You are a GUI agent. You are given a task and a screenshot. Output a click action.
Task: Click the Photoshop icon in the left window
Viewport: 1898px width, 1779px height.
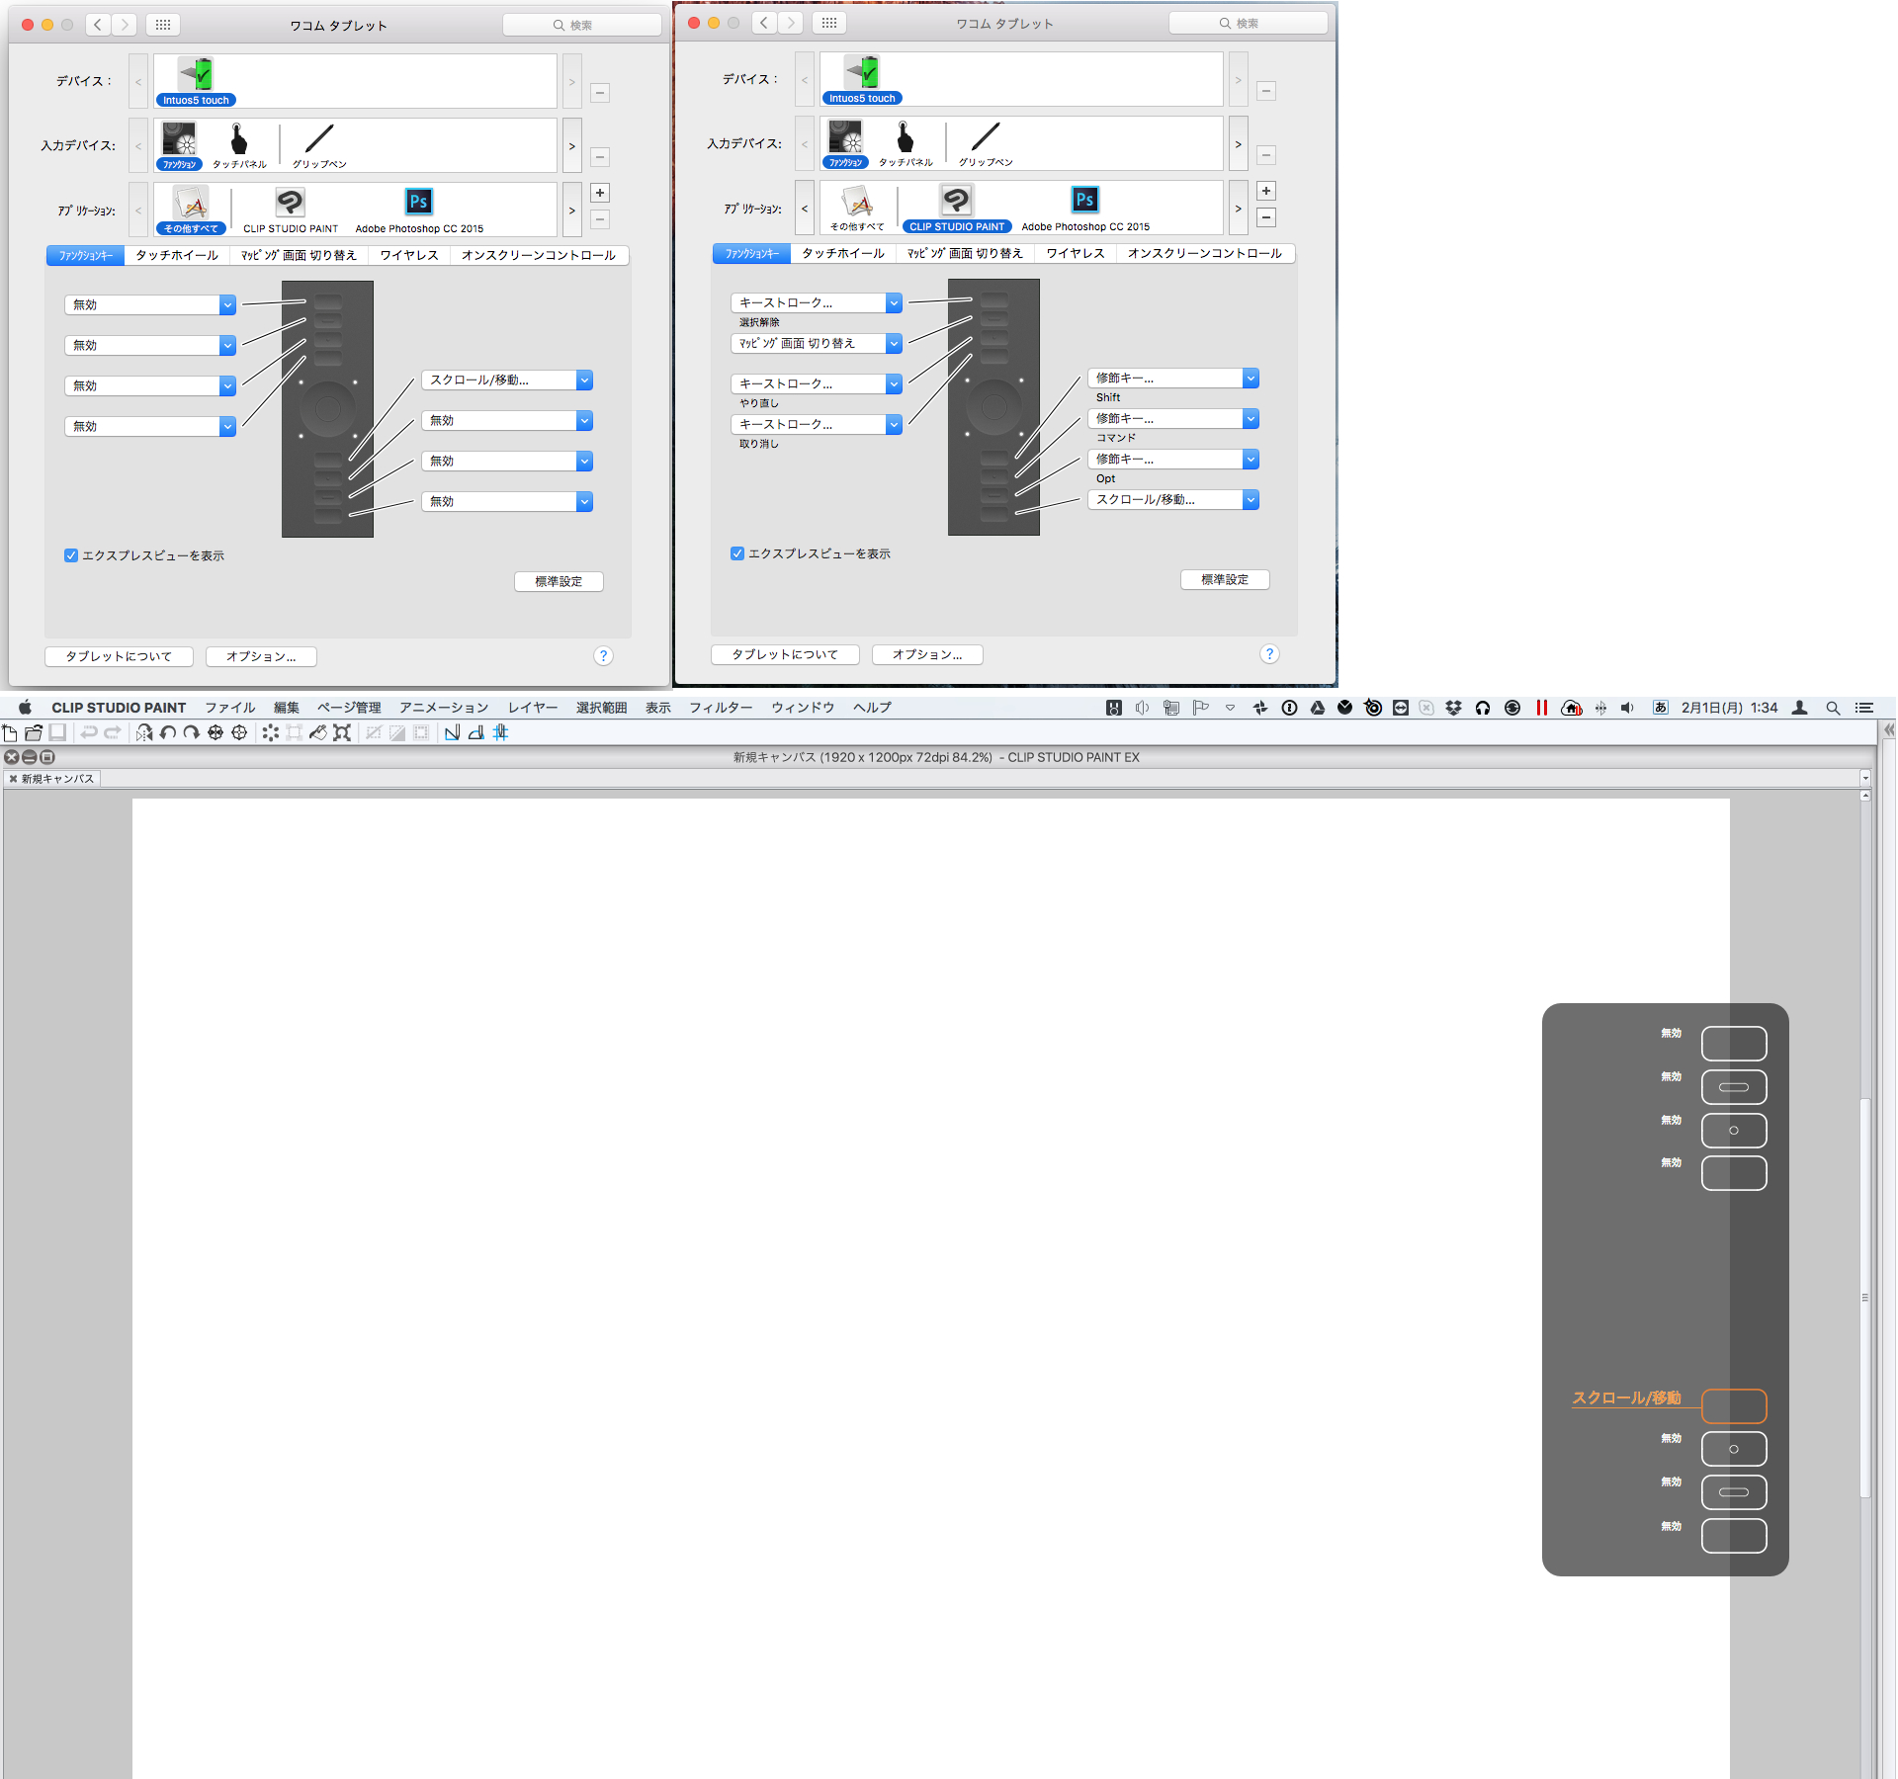tap(418, 202)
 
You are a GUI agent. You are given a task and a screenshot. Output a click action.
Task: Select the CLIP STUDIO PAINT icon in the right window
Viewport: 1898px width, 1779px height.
tap(956, 201)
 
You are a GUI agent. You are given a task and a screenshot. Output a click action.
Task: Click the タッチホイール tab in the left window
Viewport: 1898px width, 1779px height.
tap(177, 255)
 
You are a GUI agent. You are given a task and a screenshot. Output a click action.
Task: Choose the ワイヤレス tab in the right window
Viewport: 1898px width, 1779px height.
tap(1076, 253)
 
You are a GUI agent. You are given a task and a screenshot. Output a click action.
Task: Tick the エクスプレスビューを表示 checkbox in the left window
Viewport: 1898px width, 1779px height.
tap(71, 555)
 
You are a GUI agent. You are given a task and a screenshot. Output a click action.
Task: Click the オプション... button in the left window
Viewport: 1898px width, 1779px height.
tap(261, 656)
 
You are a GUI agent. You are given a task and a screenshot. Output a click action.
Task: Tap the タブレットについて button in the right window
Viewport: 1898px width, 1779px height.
tap(785, 654)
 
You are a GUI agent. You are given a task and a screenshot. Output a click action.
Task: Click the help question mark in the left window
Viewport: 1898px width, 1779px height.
tap(603, 656)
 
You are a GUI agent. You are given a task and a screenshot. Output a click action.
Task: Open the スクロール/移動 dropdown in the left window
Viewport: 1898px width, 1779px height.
tap(507, 381)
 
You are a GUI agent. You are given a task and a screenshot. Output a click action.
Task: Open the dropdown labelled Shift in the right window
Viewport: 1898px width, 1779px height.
tap(1173, 379)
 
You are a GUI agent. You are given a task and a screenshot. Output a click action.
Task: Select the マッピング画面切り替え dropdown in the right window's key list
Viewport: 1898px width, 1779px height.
tap(817, 343)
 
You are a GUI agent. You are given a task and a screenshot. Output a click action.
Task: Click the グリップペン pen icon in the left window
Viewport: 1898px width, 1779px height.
tap(319, 138)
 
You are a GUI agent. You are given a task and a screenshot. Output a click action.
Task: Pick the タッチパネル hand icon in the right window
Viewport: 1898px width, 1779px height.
tap(905, 136)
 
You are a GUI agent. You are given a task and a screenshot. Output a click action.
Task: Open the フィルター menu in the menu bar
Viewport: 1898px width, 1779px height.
tap(721, 708)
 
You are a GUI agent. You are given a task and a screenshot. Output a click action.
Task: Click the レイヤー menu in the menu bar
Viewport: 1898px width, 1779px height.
tap(533, 708)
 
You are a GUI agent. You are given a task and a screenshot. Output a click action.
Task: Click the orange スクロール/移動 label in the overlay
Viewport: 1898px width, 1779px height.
tap(1626, 1398)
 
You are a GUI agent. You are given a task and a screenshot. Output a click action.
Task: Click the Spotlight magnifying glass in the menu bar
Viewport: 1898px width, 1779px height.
tap(1833, 708)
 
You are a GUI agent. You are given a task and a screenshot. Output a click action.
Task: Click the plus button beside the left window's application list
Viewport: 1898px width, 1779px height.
tap(600, 193)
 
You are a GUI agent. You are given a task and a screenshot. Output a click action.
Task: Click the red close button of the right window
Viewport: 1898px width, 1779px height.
tap(694, 23)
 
